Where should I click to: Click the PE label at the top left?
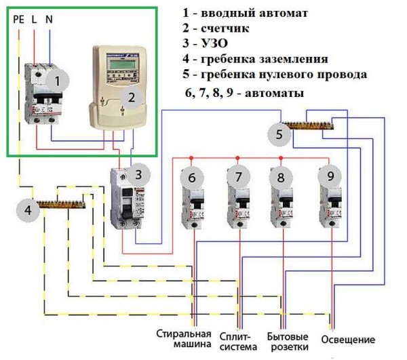pyautogui.click(x=18, y=20)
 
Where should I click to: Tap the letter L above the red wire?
pyautogui.click(x=35, y=20)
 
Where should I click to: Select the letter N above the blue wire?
pyautogui.click(x=49, y=20)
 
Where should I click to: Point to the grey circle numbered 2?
pyautogui.click(x=132, y=98)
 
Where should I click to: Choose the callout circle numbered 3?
pyautogui.click(x=138, y=174)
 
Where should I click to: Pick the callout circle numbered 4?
pyautogui.click(x=28, y=210)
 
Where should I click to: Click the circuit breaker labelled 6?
pyautogui.click(x=193, y=203)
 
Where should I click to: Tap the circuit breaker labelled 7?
pyautogui.click(x=238, y=203)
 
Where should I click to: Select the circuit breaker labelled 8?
pyautogui.click(x=280, y=203)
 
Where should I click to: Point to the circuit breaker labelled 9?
pyautogui.click(x=330, y=203)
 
